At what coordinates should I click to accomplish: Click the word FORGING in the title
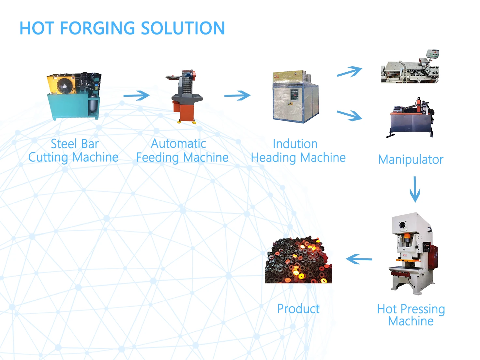tap(97, 28)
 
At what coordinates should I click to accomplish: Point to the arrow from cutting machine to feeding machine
tap(136, 95)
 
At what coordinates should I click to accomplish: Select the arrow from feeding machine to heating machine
tap(237, 95)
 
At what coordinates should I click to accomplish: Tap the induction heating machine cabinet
tap(295, 97)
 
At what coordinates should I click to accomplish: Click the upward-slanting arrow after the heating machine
tap(349, 72)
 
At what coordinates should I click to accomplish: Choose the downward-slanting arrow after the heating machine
tap(349, 115)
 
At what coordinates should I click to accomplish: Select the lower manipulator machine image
tap(412, 117)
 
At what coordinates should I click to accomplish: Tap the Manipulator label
tap(411, 160)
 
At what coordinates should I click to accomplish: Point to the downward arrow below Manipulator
tap(415, 189)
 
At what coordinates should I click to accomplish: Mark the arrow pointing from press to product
tap(359, 259)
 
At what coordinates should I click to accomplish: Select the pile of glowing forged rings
tap(298, 261)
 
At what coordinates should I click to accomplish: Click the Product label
tap(298, 309)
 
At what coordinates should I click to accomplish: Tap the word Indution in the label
tap(295, 144)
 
